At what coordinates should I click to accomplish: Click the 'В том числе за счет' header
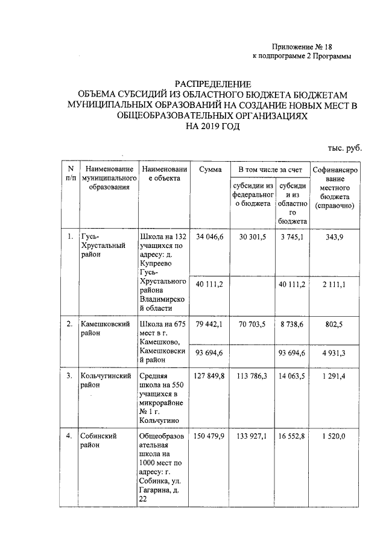tap(269, 170)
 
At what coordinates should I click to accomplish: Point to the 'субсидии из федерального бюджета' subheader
tap(252, 194)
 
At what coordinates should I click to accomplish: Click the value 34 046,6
tap(210, 236)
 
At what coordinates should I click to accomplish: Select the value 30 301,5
tap(252, 236)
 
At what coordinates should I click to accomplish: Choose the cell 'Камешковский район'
tap(106, 329)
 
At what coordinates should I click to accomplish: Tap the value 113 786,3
tap(252, 376)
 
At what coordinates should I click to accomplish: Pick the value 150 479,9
tap(209, 435)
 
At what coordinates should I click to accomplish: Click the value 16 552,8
tap(290, 435)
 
